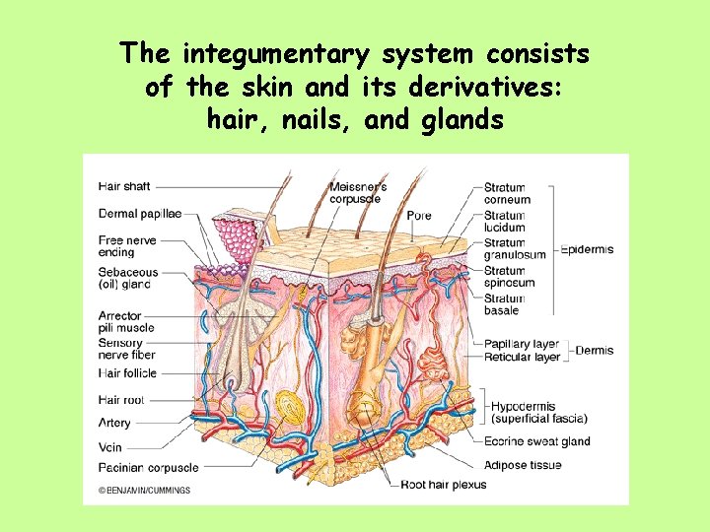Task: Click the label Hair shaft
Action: (124, 186)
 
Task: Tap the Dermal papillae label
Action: (140, 214)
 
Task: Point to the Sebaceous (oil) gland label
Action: (128, 278)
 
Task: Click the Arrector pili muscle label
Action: (126, 322)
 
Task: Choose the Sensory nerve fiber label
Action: (127, 349)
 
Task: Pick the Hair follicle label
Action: (127, 373)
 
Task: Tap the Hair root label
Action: (121, 399)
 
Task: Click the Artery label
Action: (114, 423)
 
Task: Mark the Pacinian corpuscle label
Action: (148, 468)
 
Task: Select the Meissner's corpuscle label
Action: (357, 193)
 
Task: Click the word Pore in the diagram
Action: (418, 216)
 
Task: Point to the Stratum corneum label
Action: (507, 193)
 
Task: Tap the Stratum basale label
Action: (504, 304)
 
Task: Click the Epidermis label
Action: (587, 249)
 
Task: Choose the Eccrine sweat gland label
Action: (536, 441)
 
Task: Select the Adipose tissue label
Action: (523, 465)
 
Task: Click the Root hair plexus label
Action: (443, 485)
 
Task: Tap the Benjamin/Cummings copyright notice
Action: (144, 490)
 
